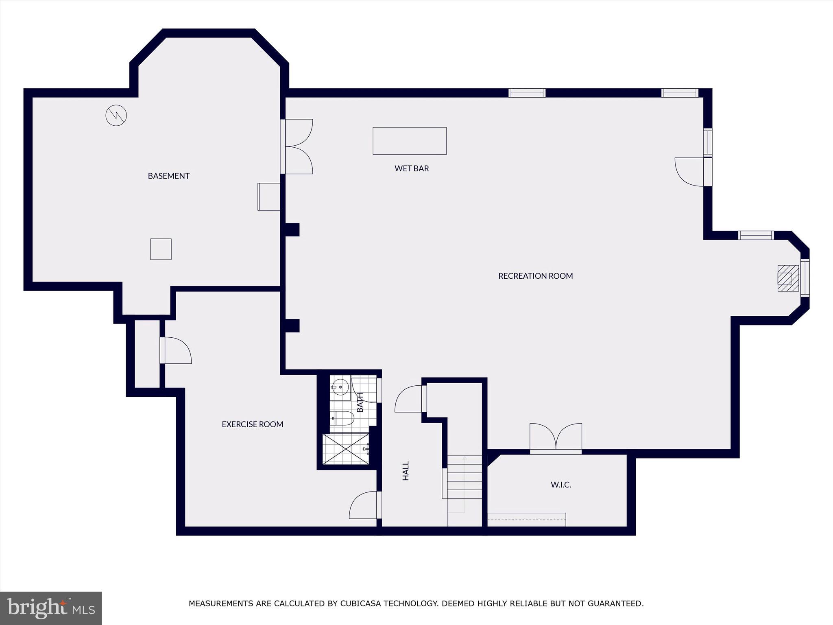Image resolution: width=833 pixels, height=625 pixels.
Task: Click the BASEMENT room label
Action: coord(168,176)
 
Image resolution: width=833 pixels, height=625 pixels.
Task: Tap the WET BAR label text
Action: coord(412,168)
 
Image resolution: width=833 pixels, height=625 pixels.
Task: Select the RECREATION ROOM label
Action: coord(535,276)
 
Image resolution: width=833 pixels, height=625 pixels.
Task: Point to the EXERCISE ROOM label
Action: coord(252,424)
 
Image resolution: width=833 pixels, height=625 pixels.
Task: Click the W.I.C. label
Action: coord(561,485)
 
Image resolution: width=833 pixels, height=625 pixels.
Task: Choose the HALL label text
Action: coord(406,471)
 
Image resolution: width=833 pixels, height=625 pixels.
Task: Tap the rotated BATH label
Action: coord(360,402)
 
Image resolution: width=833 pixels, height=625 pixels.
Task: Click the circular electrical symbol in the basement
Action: coord(116,116)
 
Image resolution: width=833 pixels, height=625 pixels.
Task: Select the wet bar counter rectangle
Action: coord(410,141)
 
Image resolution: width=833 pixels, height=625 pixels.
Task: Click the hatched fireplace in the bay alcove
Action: coord(788,278)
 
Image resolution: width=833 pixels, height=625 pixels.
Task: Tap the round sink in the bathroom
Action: coord(340,387)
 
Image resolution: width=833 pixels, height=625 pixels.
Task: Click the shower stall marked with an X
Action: coord(345,449)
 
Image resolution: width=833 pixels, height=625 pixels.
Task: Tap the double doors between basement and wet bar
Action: coord(297,146)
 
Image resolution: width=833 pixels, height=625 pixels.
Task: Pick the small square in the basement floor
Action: coord(161,249)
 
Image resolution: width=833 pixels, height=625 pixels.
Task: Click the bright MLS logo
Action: coord(50,608)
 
